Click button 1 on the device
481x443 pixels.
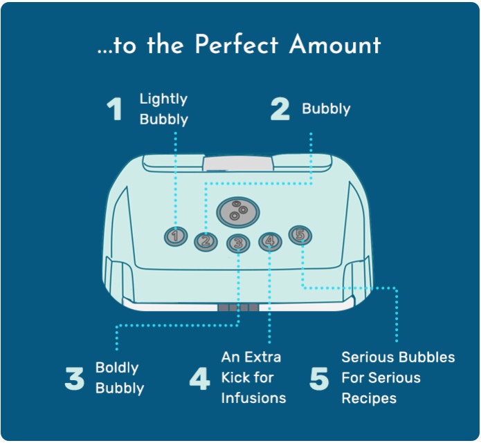(176, 236)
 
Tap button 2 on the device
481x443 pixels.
(206, 241)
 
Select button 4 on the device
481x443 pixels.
(270, 241)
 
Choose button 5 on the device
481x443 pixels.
(300, 235)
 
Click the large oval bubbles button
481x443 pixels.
(238, 212)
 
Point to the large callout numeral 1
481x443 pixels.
(114, 109)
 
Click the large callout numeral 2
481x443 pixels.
(280, 109)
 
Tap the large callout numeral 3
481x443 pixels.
(75, 379)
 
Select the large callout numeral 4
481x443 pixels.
(200, 379)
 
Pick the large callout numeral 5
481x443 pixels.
(319, 379)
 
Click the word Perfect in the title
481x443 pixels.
(237, 44)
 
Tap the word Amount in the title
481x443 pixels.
(335, 44)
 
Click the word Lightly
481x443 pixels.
(163, 100)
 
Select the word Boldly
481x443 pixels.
(117, 368)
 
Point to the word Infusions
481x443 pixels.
(254, 398)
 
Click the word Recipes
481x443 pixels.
(369, 399)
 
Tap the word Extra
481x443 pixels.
(262, 357)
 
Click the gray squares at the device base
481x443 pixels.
(238, 308)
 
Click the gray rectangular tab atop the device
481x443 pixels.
(238, 164)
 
